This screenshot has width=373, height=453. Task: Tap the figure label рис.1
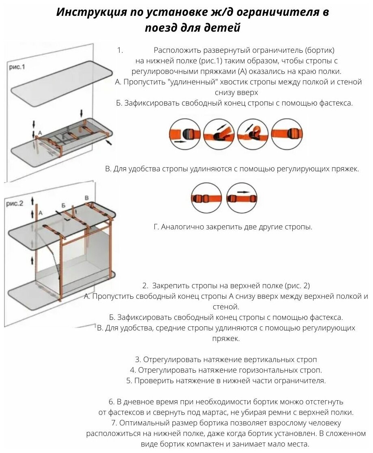pyautogui.click(x=17, y=67)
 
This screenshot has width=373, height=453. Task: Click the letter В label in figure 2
pyautogui.click(x=86, y=198)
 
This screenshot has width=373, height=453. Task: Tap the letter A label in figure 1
pyautogui.click(x=40, y=133)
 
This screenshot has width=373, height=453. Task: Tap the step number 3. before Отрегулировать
pyautogui.click(x=138, y=360)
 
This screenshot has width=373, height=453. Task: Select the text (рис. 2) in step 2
pyautogui.click(x=295, y=285)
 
